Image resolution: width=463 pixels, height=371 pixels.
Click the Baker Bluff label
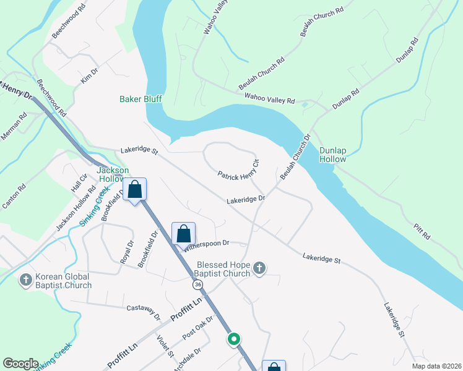pyautogui.click(x=140, y=99)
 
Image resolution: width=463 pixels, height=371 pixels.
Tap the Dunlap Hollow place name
pyautogui.click(x=332, y=155)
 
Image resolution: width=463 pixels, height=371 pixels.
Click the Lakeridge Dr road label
pyautogui.click(x=246, y=200)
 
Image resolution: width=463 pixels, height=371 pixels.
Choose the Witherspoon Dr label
pyautogui.click(x=206, y=244)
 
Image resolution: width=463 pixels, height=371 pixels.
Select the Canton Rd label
pyautogui.click(x=14, y=195)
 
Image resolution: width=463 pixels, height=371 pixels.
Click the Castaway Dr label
pyautogui.click(x=144, y=311)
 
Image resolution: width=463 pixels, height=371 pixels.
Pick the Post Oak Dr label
pyautogui.click(x=197, y=328)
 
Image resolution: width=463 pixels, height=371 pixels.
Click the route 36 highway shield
pyautogui.click(x=197, y=284)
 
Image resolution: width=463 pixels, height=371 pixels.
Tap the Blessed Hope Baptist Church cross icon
pyautogui.click(x=259, y=268)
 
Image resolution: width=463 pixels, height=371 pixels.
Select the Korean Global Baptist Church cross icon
pyautogui.click(x=26, y=279)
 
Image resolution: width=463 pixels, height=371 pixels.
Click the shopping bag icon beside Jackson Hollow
pyautogui.click(x=135, y=190)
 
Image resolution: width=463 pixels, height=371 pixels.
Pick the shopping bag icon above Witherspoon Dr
pyautogui.click(x=183, y=234)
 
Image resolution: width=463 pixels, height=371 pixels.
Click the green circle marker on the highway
pyautogui.click(x=233, y=339)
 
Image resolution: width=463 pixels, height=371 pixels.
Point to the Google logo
pyautogui.click(x=20, y=364)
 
